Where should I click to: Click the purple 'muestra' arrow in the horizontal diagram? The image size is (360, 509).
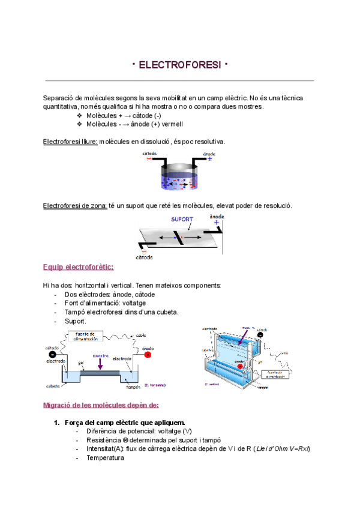coord(100,362)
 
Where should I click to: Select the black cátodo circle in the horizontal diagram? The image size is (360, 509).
coord(52,354)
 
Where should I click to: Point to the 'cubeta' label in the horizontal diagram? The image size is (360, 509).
coord(53,386)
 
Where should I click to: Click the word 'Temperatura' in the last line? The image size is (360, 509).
coord(105,457)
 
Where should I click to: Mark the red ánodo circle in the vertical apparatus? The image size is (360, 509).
coord(239,366)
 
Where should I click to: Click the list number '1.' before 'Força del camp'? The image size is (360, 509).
coord(57,422)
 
